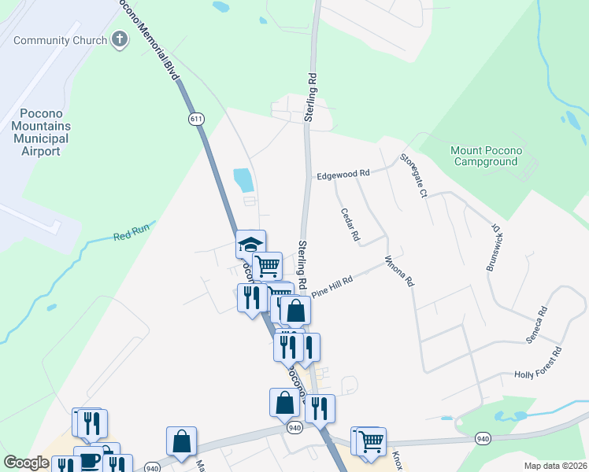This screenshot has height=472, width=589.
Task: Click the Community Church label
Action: coord(61,40)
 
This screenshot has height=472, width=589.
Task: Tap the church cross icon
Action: coord(120,39)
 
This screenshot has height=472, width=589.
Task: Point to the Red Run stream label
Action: coord(130,234)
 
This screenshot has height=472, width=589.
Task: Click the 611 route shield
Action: coord(196,119)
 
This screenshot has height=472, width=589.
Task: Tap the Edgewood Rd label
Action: coord(343,174)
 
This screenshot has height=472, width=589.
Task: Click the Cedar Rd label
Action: coord(350,224)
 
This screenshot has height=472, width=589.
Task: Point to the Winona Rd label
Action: coord(399,271)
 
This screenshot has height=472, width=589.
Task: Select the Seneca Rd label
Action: coord(535,324)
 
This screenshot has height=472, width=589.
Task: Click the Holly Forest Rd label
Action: coord(538,363)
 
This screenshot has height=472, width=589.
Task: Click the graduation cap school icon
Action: coord(250,243)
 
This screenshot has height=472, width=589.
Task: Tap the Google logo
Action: coord(26,463)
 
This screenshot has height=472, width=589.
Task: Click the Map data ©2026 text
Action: coord(554,466)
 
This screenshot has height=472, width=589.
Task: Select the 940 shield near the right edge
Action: coord(483,438)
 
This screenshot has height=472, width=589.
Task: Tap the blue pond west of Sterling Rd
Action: coord(244,180)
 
